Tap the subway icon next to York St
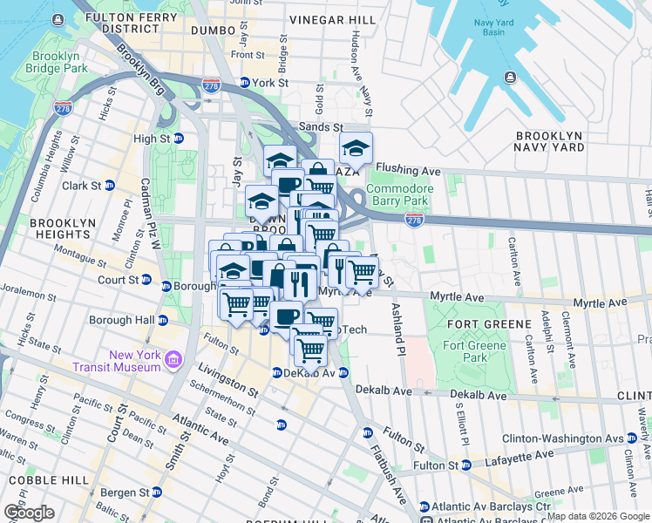246,84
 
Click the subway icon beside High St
178,139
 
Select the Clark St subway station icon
110,186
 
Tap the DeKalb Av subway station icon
275,372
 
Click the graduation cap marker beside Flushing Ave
356,149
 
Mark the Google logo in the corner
29,513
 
